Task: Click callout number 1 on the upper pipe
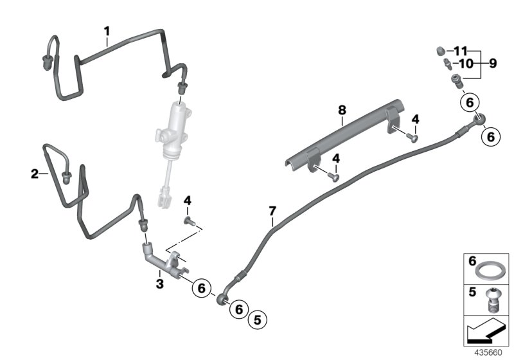click(x=107, y=30)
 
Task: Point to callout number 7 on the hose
click(x=272, y=210)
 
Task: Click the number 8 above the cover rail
click(x=342, y=111)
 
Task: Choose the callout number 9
click(x=493, y=64)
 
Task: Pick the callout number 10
click(x=465, y=64)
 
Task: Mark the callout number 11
click(x=460, y=51)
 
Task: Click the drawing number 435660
click(x=489, y=353)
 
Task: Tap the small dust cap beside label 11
click(x=441, y=51)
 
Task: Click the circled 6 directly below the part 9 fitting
click(x=470, y=102)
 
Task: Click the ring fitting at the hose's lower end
click(x=222, y=296)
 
